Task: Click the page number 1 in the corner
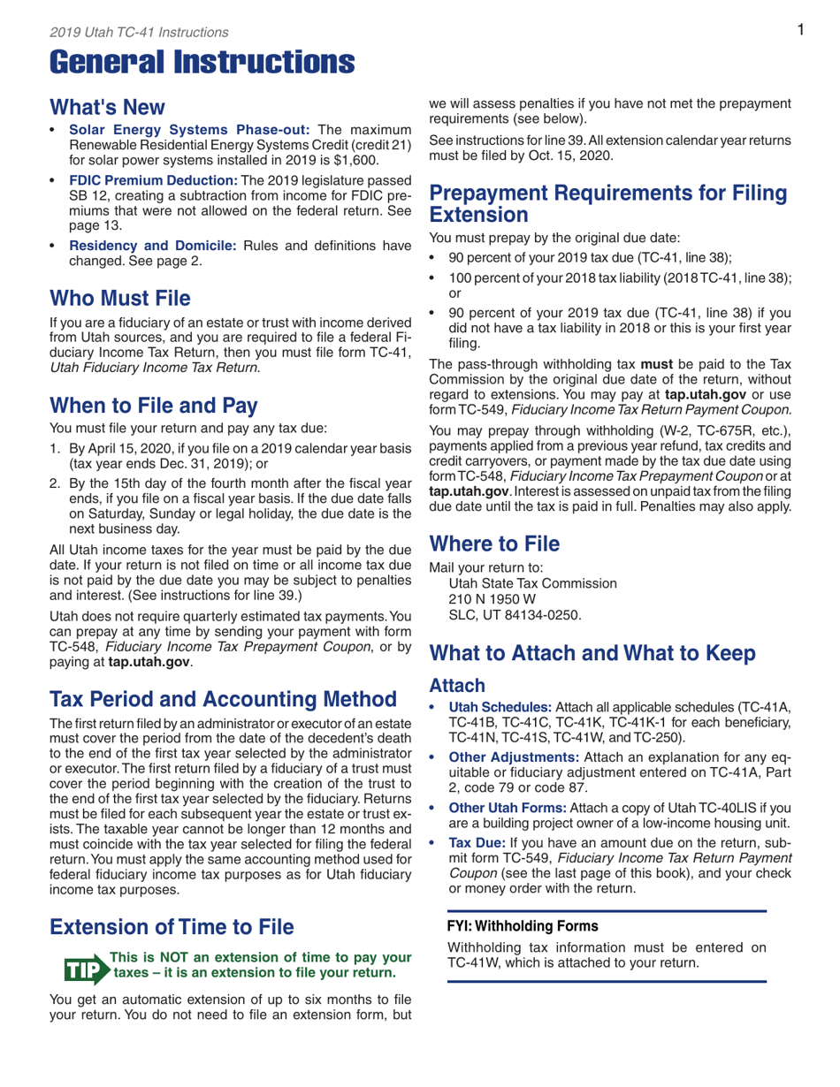click(798, 31)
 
